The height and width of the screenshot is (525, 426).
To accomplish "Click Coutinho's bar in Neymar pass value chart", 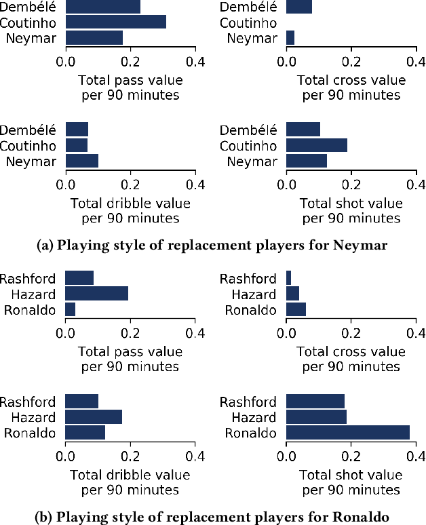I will [116, 22].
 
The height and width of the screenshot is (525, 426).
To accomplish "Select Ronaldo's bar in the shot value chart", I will [348, 433].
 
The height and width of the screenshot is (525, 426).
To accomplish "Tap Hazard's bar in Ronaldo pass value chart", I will [97, 294].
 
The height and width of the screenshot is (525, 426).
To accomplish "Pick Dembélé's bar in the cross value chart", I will [299, 7].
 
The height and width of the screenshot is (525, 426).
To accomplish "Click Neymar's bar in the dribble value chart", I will [82, 161].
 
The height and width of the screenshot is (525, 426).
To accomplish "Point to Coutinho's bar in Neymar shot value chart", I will [317, 145].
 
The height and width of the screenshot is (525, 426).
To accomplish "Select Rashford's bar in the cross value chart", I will [289, 278].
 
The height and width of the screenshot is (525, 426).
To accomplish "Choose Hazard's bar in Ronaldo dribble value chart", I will [94, 417].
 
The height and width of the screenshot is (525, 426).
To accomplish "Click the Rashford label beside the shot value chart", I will [248, 402].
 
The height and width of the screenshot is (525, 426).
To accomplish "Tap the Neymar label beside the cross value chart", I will [252, 38].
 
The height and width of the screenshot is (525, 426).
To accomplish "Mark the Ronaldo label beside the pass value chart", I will [32, 310].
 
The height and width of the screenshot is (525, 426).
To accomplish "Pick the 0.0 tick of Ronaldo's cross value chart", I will [287, 333].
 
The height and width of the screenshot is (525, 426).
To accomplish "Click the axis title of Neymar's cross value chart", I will [351, 87].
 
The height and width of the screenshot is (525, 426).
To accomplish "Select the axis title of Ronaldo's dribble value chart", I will [130, 482].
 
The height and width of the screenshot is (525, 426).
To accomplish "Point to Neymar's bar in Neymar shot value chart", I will [307, 161].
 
